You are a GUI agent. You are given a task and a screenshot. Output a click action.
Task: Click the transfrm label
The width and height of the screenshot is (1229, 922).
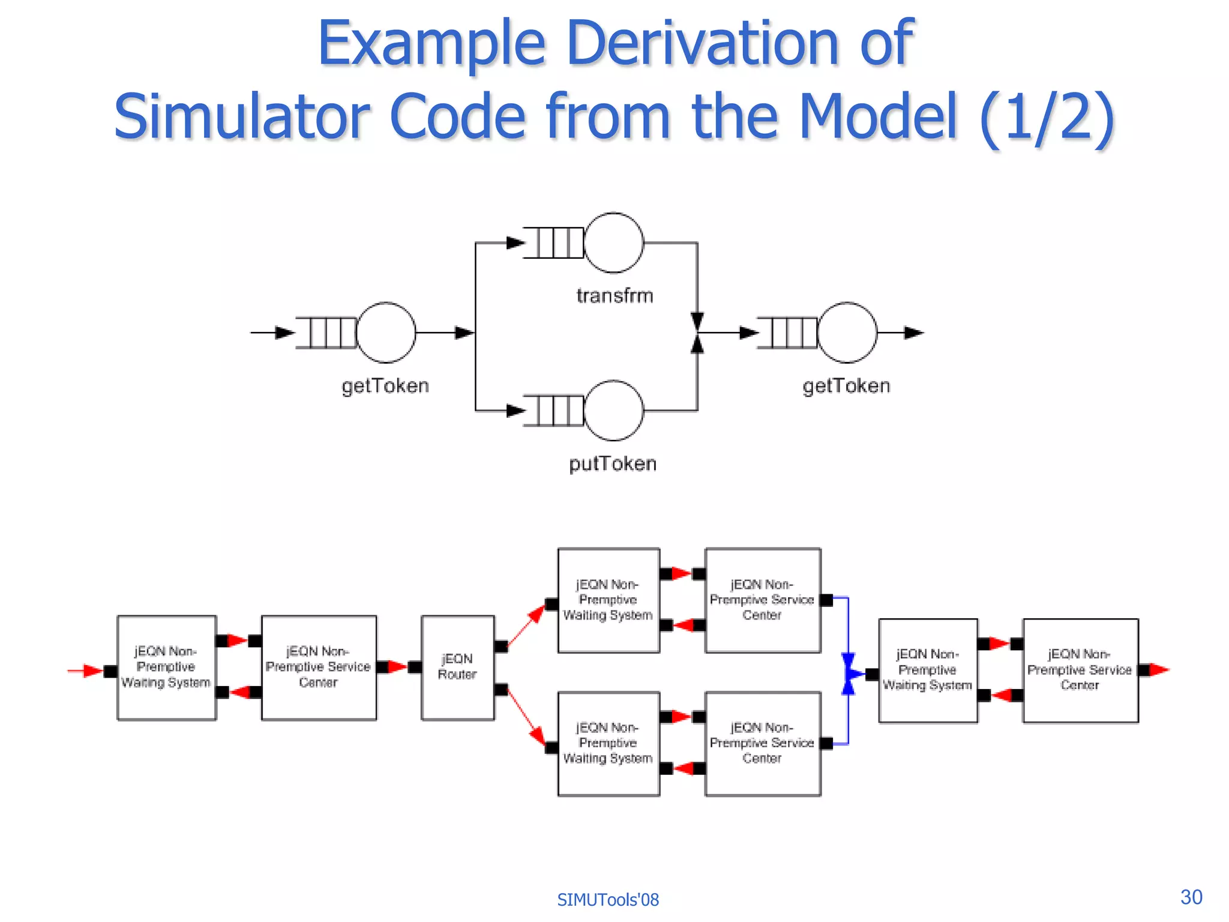(614, 296)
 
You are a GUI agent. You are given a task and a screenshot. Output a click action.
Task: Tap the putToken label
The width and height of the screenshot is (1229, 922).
(613, 464)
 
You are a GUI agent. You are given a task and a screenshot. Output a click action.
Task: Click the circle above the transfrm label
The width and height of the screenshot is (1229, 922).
(613, 243)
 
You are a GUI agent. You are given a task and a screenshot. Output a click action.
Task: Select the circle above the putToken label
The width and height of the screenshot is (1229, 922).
(613, 411)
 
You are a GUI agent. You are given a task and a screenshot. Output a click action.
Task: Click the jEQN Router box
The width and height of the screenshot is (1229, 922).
(458, 667)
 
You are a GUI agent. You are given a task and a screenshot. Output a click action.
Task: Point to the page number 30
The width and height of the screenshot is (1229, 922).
(1191, 897)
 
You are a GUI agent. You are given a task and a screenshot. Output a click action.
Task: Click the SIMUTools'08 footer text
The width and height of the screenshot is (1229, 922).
(607, 900)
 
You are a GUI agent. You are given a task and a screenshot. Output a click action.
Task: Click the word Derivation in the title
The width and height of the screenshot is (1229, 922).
(702, 43)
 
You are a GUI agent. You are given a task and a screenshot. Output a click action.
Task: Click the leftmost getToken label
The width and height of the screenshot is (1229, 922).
(385, 386)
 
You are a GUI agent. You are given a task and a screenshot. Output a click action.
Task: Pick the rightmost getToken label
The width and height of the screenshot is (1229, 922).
(846, 386)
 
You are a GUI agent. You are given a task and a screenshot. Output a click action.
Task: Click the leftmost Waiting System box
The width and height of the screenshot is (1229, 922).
(166, 667)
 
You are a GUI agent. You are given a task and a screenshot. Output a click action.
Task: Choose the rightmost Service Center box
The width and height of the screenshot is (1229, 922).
(1080, 670)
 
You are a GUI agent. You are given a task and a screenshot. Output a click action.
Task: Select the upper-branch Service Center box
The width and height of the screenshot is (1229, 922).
(762, 600)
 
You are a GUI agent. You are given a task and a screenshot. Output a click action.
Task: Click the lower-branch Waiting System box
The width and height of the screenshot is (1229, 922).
(608, 744)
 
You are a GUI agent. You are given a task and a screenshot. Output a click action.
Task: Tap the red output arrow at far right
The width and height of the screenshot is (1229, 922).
(1159, 670)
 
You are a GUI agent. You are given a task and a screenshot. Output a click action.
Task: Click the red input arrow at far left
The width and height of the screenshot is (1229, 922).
(87, 670)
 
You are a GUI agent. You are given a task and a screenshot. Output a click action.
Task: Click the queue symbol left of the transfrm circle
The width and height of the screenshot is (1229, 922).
(553, 243)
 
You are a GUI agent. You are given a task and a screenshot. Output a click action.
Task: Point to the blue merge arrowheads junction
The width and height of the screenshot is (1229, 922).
(849, 674)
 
